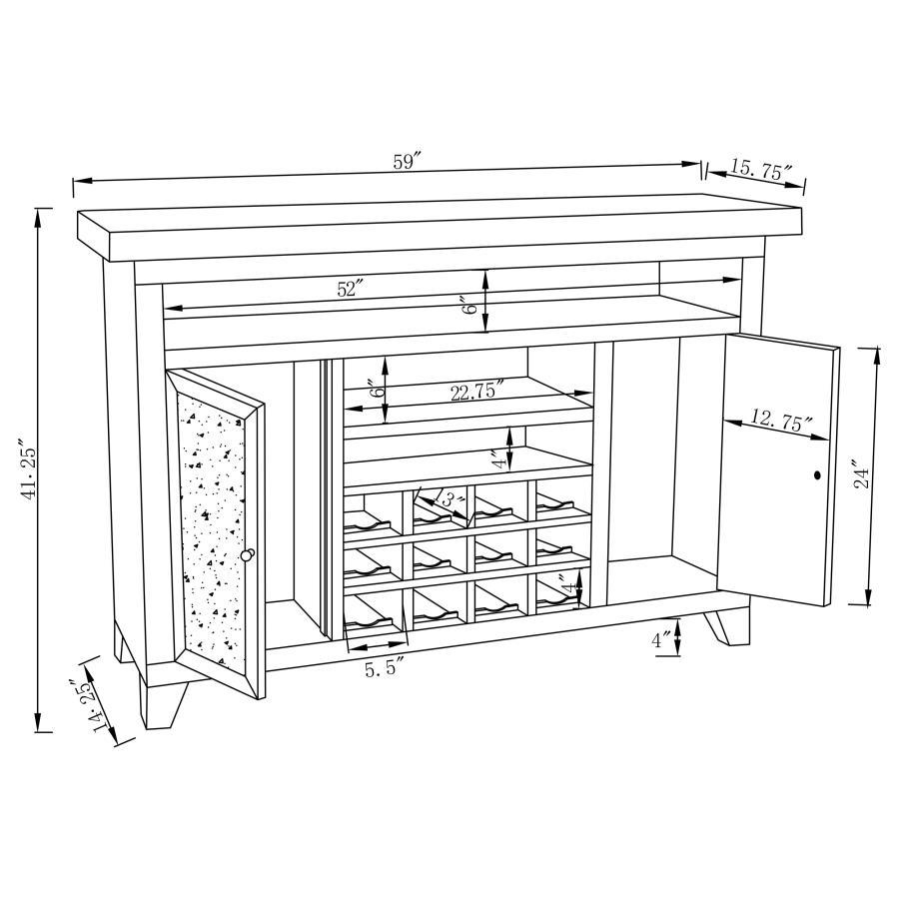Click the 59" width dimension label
pyautogui.click(x=408, y=162)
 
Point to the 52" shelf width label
pyautogui.click(x=350, y=289)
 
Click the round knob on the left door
pyautogui.click(x=248, y=554)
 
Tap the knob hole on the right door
pyautogui.click(x=817, y=475)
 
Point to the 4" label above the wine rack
pyautogui.click(x=496, y=460)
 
